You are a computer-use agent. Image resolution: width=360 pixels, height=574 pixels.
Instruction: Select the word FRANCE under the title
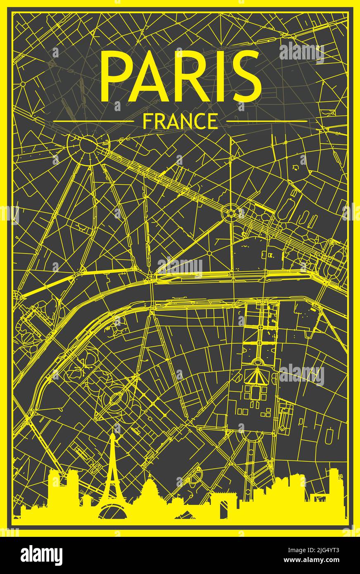(180, 121)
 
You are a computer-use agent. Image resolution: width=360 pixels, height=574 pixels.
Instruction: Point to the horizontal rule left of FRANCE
(94, 121)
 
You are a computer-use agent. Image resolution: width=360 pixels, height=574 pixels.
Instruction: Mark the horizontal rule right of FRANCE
(266, 121)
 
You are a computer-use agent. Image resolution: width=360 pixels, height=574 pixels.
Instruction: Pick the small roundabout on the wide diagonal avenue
(230, 213)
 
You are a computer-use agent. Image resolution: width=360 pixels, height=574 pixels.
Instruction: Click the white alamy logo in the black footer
(42, 555)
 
